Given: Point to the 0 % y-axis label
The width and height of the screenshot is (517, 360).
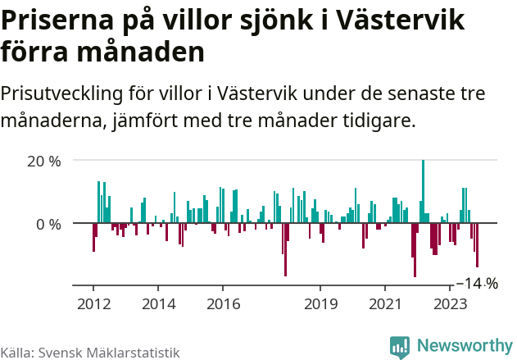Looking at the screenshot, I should (x=48, y=223).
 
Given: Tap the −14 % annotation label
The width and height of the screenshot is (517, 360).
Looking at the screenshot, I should (x=476, y=284).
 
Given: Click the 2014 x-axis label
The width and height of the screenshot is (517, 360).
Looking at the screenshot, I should (x=158, y=304).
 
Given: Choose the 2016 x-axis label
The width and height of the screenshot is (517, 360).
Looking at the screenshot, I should (x=223, y=304).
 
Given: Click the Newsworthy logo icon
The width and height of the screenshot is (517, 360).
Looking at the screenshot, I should (x=400, y=347).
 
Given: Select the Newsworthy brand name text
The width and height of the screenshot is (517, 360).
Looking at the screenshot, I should (x=464, y=347).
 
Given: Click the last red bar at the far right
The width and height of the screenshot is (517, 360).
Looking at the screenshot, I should (x=477, y=245).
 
